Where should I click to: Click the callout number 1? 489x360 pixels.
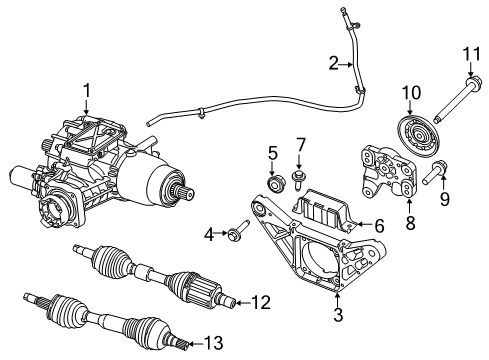(87, 91)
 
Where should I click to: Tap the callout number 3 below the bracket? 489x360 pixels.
(339, 317)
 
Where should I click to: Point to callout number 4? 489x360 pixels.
(208, 235)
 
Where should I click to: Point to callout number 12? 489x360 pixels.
(261, 301)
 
